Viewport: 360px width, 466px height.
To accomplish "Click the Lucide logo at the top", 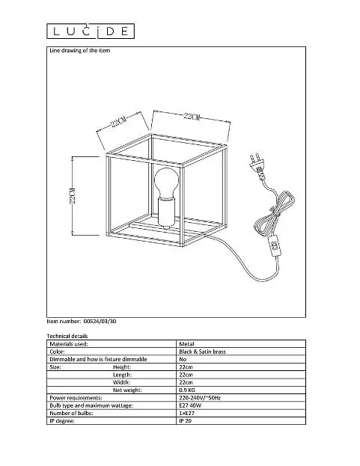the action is click(x=91, y=31).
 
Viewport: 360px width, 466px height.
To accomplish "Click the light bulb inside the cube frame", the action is click(x=166, y=183).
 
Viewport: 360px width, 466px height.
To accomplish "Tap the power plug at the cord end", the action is click(x=257, y=166).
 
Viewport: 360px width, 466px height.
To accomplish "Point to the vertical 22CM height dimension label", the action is click(x=73, y=195).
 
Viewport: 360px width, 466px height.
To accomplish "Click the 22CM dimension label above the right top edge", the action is click(x=191, y=116).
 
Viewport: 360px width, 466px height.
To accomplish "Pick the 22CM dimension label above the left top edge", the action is click(x=119, y=121).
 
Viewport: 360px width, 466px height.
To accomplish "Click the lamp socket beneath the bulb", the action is click(x=166, y=213).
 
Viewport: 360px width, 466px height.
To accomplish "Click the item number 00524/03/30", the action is click(x=100, y=321).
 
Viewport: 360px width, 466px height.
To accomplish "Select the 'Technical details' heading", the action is click(x=67, y=336).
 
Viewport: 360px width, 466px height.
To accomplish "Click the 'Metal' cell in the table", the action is click(x=186, y=344).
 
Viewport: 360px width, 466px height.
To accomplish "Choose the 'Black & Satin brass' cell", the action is click(x=202, y=352).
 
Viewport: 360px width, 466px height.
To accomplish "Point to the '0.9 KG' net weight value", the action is click(x=187, y=390).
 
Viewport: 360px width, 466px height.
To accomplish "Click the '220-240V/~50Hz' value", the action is click(x=200, y=398).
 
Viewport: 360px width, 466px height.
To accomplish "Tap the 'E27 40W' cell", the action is click(x=190, y=405).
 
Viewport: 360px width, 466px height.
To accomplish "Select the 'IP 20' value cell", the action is click(x=185, y=421).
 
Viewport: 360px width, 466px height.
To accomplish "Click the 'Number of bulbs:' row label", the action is click(x=71, y=413).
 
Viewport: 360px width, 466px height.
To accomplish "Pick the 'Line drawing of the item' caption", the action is click(x=79, y=51).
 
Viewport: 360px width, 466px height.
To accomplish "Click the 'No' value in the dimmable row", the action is click(x=183, y=359).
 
